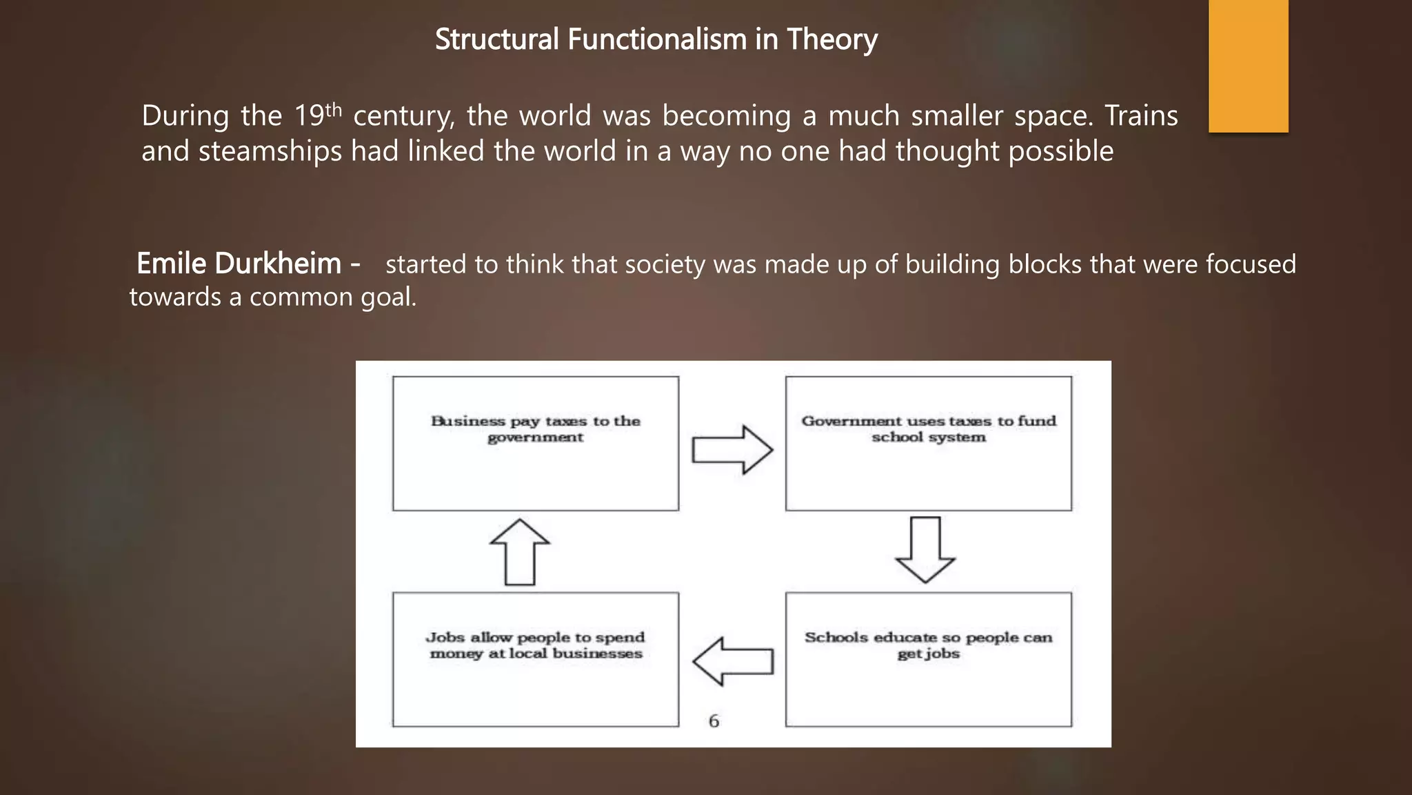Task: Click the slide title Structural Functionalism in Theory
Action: (x=656, y=39)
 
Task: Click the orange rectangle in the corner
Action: (x=1248, y=66)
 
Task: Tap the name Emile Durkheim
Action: (x=239, y=264)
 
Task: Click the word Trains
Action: (x=1141, y=116)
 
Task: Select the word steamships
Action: (x=270, y=151)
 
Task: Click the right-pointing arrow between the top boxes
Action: (x=732, y=450)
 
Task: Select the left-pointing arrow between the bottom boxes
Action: (x=732, y=661)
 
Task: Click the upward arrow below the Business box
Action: (x=520, y=552)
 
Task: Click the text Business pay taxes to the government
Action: (x=536, y=429)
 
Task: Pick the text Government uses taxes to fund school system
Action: (x=928, y=429)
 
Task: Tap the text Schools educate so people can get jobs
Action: (x=928, y=645)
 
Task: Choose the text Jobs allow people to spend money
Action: (x=536, y=645)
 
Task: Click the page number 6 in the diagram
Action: (x=714, y=721)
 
